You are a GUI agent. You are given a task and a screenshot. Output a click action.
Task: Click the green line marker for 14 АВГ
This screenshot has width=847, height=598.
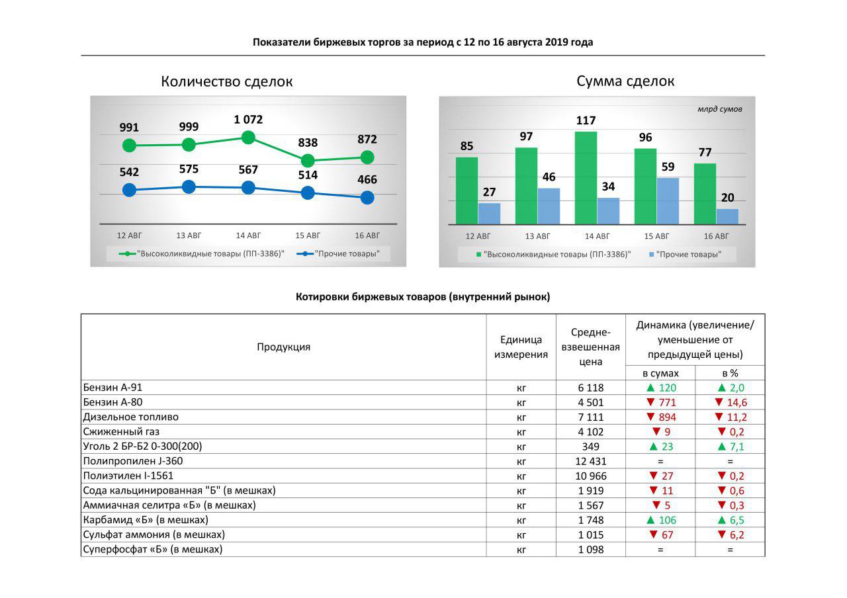[x=249, y=138]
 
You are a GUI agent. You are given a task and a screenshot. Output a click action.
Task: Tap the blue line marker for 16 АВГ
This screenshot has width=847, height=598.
[x=367, y=197]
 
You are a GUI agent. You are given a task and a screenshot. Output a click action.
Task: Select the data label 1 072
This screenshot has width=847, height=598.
[x=248, y=120]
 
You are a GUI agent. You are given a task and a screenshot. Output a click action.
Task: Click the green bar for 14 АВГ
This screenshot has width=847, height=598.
[x=586, y=178]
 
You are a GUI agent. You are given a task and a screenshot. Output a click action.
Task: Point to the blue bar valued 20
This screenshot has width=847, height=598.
[x=727, y=217]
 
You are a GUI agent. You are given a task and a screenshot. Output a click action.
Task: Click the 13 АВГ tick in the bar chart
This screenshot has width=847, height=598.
[x=537, y=236]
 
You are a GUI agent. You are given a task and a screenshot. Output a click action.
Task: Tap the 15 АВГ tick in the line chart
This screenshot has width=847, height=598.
[x=308, y=235]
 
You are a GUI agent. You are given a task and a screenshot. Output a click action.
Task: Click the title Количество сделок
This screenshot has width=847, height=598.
[x=226, y=82]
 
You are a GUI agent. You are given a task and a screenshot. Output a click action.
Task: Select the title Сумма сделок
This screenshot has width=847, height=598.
[x=625, y=81]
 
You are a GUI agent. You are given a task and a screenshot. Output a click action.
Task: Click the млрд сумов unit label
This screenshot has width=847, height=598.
[x=719, y=109]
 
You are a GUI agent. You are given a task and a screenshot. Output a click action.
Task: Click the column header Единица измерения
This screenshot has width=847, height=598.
[x=521, y=347]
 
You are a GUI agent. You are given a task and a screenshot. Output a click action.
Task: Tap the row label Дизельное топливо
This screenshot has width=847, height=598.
[x=131, y=417]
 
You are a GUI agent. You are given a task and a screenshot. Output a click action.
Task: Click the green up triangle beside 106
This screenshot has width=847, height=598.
[x=650, y=520]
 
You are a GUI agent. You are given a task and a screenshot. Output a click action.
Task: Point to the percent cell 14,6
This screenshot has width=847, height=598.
[x=736, y=403]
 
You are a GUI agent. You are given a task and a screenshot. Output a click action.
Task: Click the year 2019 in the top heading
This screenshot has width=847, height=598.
[x=557, y=42]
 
